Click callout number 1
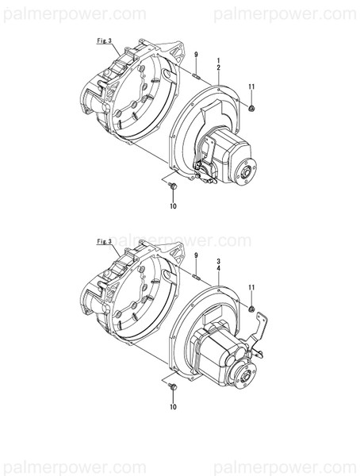[x=218, y=60]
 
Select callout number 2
[x=218, y=69]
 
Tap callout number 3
[x=218, y=259]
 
